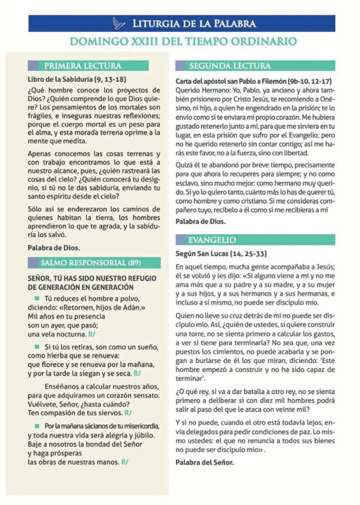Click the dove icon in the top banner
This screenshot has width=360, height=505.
[x=119, y=23]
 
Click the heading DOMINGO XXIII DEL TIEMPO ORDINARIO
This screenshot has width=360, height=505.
[x=183, y=41]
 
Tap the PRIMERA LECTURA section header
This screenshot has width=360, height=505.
[x=82, y=66]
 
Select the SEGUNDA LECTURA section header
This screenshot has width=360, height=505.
[x=230, y=66]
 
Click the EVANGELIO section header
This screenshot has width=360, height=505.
[x=212, y=240]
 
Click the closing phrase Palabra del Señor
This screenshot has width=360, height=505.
[x=205, y=462]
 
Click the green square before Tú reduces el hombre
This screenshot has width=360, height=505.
[x=37, y=299]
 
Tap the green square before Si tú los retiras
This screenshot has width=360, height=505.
[x=37, y=347]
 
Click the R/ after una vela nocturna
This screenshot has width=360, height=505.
[x=92, y=334]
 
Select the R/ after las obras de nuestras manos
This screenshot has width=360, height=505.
[x=124, y=462]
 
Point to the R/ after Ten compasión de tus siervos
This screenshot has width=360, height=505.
[x=128, y=413]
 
